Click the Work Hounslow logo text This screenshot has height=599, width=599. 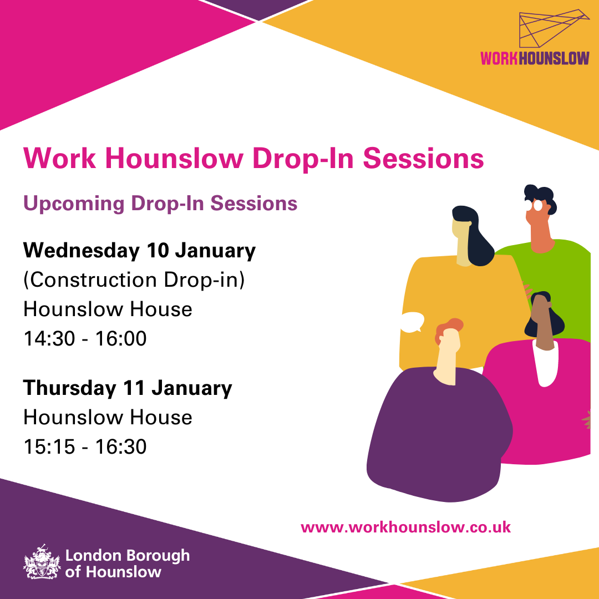coord(535,58)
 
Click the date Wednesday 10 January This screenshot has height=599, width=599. coord(139,251)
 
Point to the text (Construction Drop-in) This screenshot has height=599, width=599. coord(134,280)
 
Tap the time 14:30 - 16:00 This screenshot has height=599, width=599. coord(85,338)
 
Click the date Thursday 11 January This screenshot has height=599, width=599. coord(128,388)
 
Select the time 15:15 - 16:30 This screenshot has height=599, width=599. coord(85,446)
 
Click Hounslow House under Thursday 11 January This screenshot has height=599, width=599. coord(108,417)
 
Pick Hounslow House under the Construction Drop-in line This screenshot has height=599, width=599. coord(108,309)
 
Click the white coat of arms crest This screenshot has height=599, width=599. coord(41,562)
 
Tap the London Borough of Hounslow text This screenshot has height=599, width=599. coord(127,563)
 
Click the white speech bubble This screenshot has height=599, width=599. coord(412,322)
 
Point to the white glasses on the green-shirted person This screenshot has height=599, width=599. coord(537,205)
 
